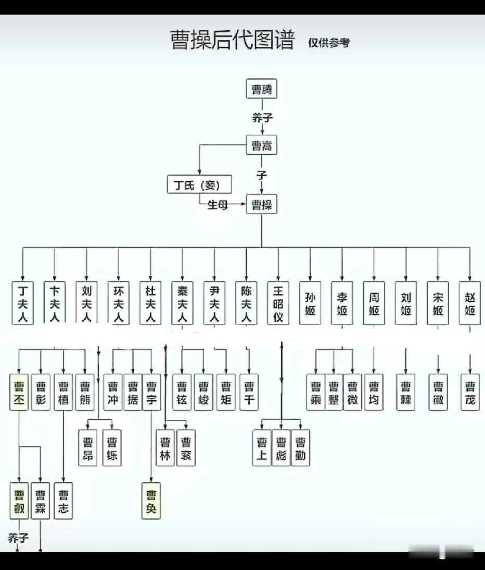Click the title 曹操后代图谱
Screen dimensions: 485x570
point(233,40)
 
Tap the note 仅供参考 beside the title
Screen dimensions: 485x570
point(328,43)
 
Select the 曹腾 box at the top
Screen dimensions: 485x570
point(261,89)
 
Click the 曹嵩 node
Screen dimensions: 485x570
point(261,145)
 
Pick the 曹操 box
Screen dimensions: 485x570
point(261,204)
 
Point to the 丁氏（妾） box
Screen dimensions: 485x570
point(199,185)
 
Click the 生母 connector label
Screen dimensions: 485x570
point(218,205)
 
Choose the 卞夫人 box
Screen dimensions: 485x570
point(55,303)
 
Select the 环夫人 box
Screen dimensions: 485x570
point(119,303)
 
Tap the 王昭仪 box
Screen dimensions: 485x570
point(278,303)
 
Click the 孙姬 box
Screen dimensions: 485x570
point(310,303)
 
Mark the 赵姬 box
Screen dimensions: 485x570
point(469,303)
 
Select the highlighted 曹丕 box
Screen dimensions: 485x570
point(19,392)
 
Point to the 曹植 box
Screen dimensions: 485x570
point(63,392)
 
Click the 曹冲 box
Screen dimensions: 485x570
point(112,392)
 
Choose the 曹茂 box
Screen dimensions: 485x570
point(470,392)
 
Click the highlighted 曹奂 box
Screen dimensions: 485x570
point(151,501)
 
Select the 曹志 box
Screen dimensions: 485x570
point(63,501)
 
